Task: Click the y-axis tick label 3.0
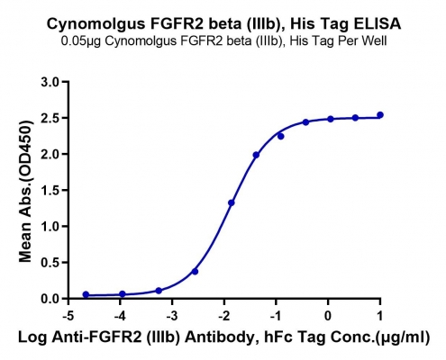pyautogui.click(x=50, y=82)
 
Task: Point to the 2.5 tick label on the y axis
pyautogui.click(x=50, y=118)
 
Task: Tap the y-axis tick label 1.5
pyautogui.click(x=50, y=190)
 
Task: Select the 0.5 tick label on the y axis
pyautogui.click(x=50, y=263)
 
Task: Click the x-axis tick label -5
pyautogui.click(x=68, y=316)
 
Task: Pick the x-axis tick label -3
pyautogui.click(x=172, y=316)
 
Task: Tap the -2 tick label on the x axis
pyautogui.click(x=224, y=316)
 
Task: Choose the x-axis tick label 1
pyautogui.click(x=380, y=316)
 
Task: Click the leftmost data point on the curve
pyautogui.click(x=86, y=294)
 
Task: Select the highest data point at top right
pyautogui.click(x=380, y=115)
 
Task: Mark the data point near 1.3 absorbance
pyautogui.click(x=232, y=202)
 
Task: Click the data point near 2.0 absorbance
pyautogui.click(x=256, y=155)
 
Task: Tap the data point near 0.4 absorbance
pyautogui.click(x=195, y=272)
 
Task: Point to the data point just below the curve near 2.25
pyautogui.click(x=281, y=136)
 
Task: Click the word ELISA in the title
pyautogui.click(x=378, y=23)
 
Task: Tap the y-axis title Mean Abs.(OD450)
pyautogui.click(x=25, y=191)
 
